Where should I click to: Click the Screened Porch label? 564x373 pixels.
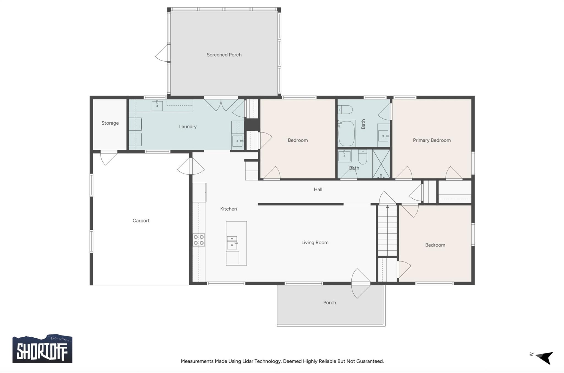point(224,55)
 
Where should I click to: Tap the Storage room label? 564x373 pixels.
point(110,123)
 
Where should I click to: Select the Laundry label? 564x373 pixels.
point(188,127)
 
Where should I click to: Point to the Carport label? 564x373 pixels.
point(141,221)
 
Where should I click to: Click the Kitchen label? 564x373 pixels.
point(228,209)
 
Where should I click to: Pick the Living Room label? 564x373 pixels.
point(315,242)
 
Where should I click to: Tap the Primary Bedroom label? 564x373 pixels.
point(432,140)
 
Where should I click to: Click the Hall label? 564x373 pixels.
point(318,189)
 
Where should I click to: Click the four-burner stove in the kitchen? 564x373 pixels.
point(199,240)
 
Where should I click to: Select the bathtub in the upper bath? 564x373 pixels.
point(346,133)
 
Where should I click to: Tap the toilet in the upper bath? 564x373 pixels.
point(345,109)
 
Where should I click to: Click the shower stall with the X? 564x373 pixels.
point(381,164)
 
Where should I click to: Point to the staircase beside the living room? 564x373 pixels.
point(387,231)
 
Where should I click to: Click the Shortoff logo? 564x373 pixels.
point(42,349)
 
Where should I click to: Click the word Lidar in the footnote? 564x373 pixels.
point(248,361)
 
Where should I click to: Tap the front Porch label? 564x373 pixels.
point(329,303)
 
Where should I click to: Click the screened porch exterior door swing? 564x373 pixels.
point(161,53)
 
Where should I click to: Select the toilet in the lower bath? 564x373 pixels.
point(362,157)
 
